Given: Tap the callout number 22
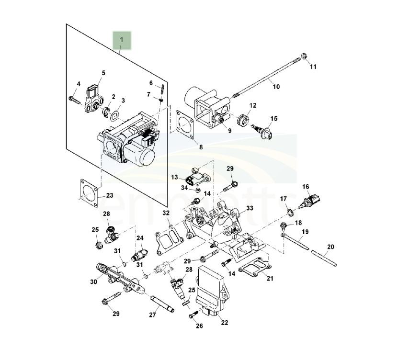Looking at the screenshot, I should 225,323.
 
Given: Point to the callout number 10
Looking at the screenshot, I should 276,87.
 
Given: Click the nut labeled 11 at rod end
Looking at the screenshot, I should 304,57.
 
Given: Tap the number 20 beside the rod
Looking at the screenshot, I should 330,247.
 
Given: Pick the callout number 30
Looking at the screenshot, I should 93,282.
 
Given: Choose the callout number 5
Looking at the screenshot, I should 102,73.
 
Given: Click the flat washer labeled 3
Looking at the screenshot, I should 115,115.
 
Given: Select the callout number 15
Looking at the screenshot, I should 274,118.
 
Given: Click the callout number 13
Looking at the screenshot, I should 175,177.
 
